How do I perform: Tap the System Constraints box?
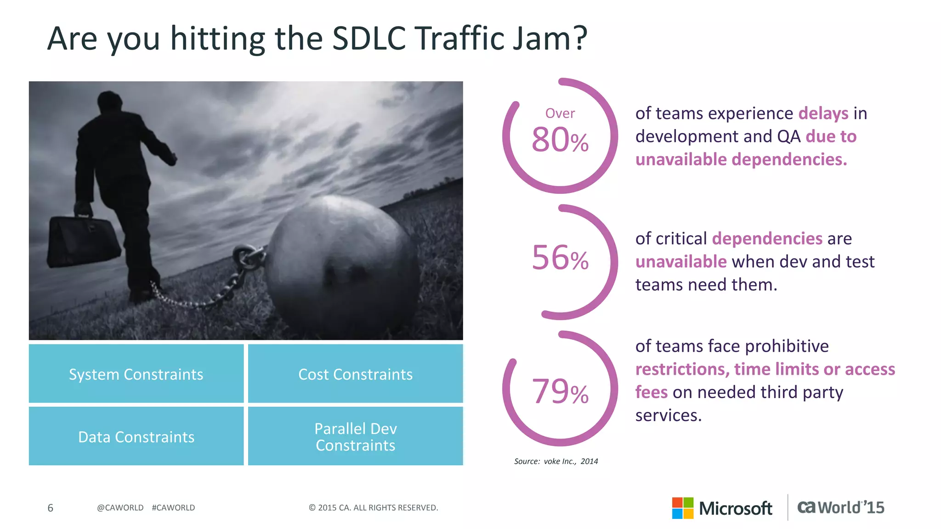136,374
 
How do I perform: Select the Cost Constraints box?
355,374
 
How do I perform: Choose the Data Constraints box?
136,436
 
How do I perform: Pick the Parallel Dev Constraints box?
355,436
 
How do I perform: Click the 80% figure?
560,140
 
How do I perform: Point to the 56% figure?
560,258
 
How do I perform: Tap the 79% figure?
560,392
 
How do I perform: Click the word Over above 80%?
560,113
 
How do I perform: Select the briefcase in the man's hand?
83,239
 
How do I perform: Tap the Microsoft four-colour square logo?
682,508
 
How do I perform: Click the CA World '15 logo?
840,507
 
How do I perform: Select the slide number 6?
51,508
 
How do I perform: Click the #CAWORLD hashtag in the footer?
173,508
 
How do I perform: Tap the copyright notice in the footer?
373,508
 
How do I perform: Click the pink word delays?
823,113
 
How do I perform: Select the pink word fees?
651,393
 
